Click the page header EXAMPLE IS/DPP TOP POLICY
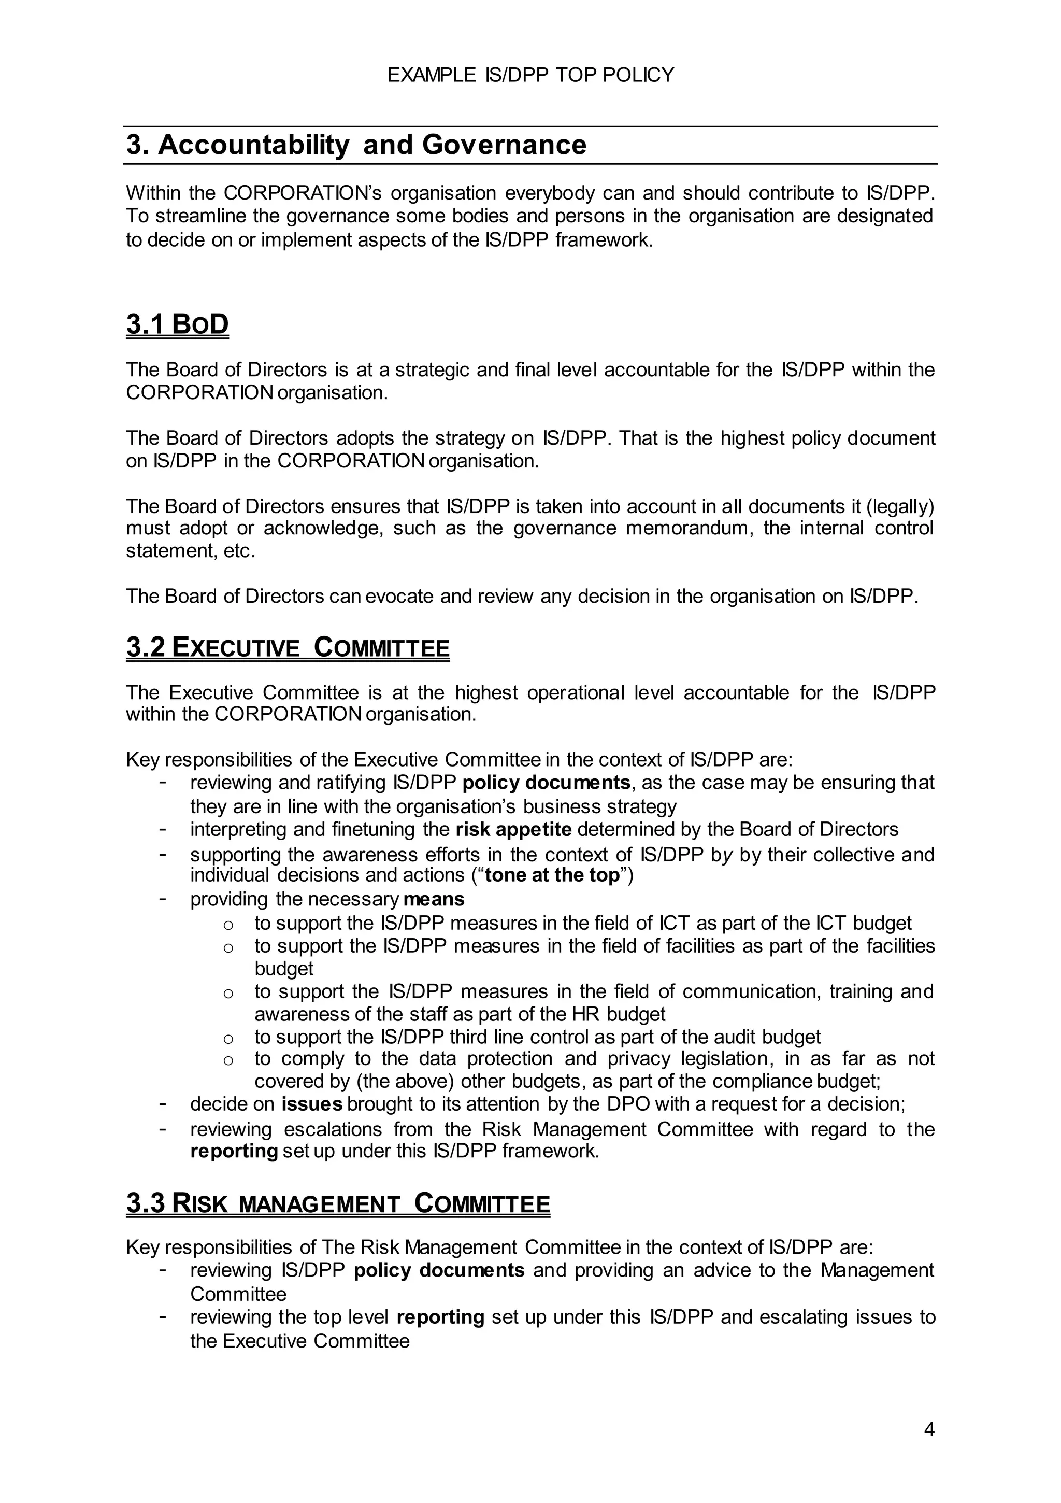(530, 75)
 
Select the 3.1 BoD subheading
(177, 324)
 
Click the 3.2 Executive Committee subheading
(288, 647)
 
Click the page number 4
(929, 1429)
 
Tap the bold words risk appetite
(514, 829)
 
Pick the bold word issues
(312, 1104)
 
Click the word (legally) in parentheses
(900, 507)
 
